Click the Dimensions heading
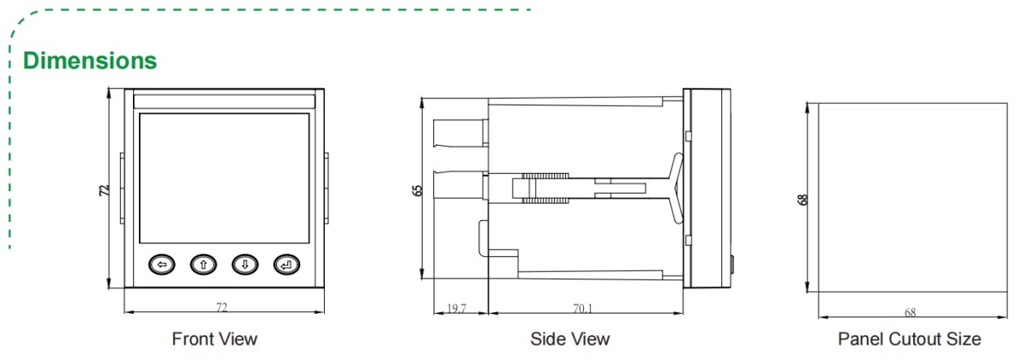pyautogui.click(x=90, y=62)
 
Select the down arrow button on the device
pyautogui.click(x=244, y=265)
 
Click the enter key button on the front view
pyautogui.click(x=286, y=265)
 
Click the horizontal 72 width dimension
pyautogui.click(x=222, y=306)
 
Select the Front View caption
pyautogui.click(x=214, y=339)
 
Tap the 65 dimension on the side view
pyautogui.click(x=418, y=189)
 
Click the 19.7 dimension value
pyautogui.click(x=456, y=306)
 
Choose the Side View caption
pyautogui.click(x=570, y=339)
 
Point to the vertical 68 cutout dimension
pyautogui.click(x=804, y=198)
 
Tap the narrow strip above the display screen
pyautogui.click(x=224, y=100)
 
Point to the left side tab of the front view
pyautogui.click(x=122, y=183)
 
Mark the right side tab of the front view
pyautogui.click(x=326, y=183)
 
